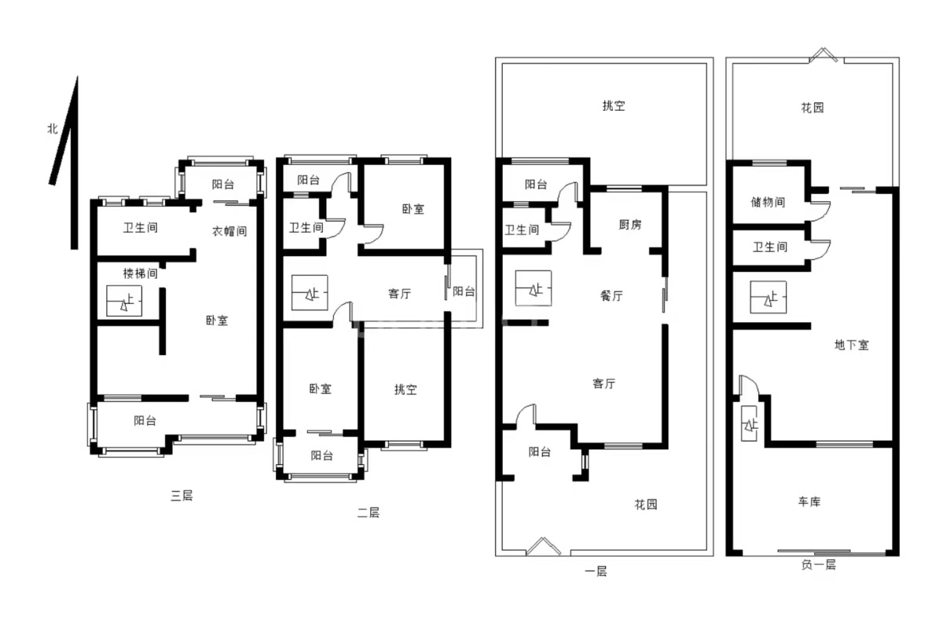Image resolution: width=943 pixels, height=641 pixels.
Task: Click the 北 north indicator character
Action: (52, 128)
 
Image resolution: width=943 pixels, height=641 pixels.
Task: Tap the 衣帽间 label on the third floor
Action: (229, 231)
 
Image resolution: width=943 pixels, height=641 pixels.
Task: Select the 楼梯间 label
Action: (140, 273)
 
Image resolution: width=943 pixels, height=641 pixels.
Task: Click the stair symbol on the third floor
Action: (124, 301)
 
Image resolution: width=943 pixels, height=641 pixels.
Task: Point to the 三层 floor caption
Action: (182, 496)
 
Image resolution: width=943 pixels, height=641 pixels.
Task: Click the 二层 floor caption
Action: (369, 513)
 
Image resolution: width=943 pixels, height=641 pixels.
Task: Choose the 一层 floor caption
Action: (596, 571)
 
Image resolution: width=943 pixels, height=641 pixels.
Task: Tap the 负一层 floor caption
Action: (818, 564)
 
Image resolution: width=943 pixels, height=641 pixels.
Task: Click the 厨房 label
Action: (630, 225)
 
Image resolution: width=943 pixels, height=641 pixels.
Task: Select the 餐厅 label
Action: (611, 296)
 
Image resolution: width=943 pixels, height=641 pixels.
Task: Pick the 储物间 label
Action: (768, 202)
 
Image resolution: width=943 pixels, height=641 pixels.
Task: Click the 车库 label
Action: (809, 502)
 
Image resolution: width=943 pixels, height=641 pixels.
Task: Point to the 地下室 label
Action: (852, 345)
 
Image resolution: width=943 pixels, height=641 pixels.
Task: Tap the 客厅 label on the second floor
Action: (399, 293)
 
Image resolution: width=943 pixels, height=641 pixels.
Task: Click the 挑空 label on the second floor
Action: (405, 390)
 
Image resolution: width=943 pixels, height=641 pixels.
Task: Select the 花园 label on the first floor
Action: (646, 504)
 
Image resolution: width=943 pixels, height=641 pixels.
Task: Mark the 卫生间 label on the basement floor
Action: (770, 247)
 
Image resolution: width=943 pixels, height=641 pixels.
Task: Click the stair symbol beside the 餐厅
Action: (534, 288)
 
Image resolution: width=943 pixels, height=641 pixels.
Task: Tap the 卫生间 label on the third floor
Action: (140, 228)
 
